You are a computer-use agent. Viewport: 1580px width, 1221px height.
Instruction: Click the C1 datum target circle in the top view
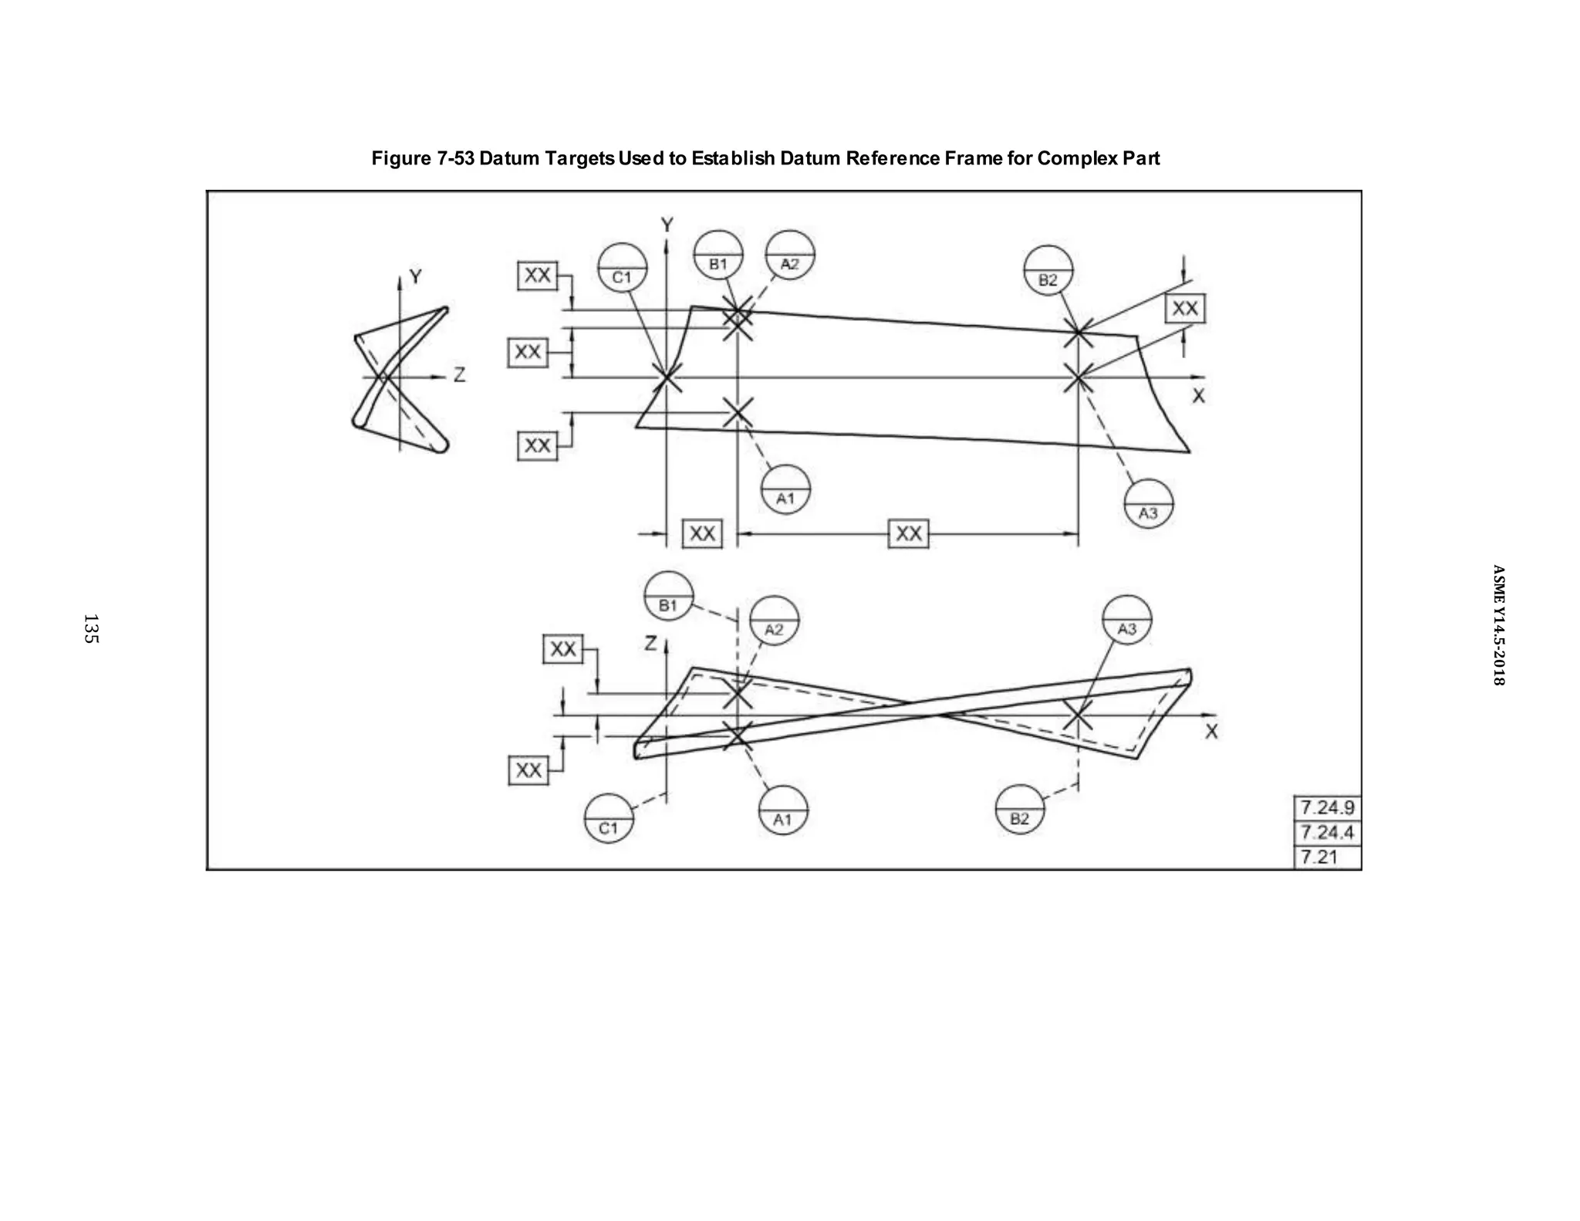coord(623,268)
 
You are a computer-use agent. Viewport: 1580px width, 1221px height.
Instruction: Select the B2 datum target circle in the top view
coord(1048,271)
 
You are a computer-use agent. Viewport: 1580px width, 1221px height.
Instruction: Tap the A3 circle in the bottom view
coord(1126,620)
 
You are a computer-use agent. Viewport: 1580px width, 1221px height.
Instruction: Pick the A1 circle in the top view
coord(785,489)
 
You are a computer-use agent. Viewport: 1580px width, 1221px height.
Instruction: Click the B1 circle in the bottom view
coord(668,596)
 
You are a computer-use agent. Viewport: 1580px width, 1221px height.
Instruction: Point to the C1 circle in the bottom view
coord(609,818)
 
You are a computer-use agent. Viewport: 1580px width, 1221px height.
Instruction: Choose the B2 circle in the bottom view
coord(1019,809)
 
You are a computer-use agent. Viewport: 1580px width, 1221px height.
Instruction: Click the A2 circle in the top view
coord(790,255)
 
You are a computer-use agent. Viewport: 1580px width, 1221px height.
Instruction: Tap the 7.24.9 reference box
coord(1327,808)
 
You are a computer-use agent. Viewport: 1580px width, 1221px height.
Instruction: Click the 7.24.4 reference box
coord(1327,833)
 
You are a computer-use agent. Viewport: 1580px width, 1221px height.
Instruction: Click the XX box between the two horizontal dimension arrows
coord(908,533)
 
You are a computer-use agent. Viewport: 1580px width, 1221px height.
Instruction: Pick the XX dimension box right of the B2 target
coord(1184,309)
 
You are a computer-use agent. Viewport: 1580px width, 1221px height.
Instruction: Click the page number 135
coord(90,629)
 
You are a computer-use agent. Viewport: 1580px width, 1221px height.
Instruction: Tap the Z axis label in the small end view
coord(459,375)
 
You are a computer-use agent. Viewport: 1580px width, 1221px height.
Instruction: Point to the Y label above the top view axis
coord(667,225)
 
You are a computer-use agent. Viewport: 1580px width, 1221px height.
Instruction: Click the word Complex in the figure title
coord(1073,158)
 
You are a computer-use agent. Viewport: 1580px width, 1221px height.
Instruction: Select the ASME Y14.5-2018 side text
coord(1497,625)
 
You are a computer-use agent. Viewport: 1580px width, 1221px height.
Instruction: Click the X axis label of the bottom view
coord(1210,732)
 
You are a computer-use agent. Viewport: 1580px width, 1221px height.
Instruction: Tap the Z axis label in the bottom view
coord(651,643)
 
